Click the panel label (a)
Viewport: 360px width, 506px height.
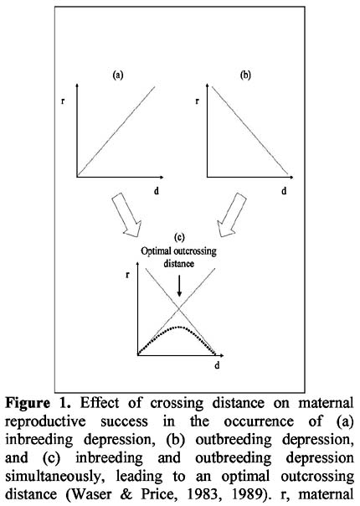click(x=118, y=75)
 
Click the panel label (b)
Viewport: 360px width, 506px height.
click(x=245, y=75)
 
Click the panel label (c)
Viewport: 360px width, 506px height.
click(x=179, y=238)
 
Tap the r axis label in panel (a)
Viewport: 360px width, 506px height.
click(x=63, y=101)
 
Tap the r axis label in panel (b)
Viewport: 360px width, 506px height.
click(x=197, y=101)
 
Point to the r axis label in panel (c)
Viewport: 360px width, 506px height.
click(x=128, y=276)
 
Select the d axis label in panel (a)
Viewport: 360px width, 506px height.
click(x=157, y=191)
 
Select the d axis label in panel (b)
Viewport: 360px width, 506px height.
click(x=284, y=191)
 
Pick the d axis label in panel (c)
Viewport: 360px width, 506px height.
click(x=217, y=365)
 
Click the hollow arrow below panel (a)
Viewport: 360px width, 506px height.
click(x=126, y=215)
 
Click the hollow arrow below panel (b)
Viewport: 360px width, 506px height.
click(x=232, y=215)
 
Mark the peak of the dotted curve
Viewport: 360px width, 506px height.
click(x=179, y=327)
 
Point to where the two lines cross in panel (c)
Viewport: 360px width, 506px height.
click(x=179, y=310)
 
